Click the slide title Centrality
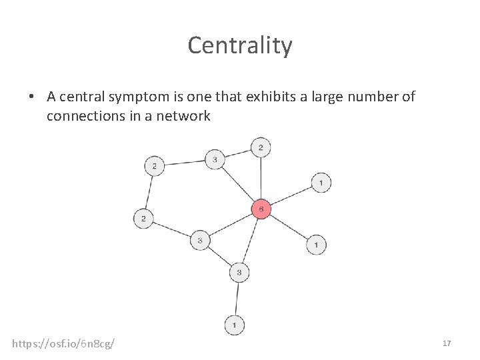(x=239, y=45)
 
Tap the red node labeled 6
(x=261, y=209)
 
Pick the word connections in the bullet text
(x=85, y=116)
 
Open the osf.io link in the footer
(x=63, y=343)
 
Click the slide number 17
(x=447, y=343)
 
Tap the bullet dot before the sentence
(x=31, y=97)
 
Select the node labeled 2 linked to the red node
(x=261, y=147)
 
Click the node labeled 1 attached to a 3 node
(x=234, y=325)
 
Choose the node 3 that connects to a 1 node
(x=239, y=272)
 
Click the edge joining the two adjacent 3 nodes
(x=220, y=256)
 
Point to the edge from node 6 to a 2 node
(x=261, y=179)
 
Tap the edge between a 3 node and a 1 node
(x=237, y=299)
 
